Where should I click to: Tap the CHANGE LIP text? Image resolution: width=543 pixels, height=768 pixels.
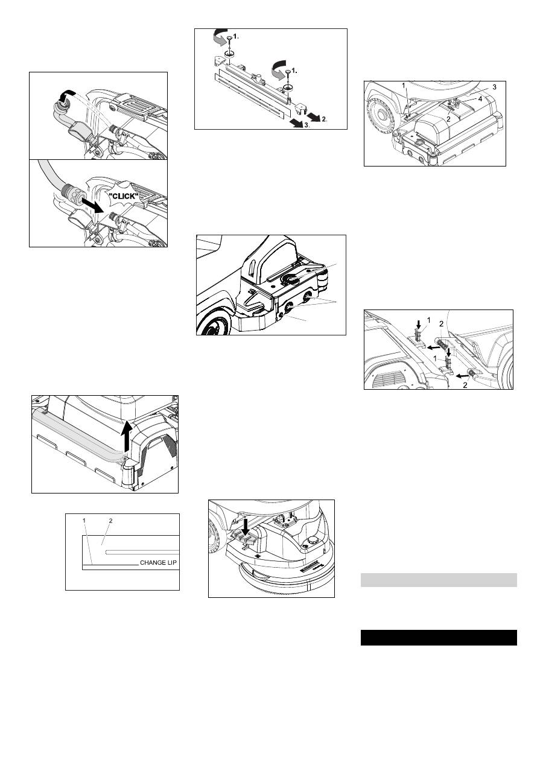[x=158, y=563]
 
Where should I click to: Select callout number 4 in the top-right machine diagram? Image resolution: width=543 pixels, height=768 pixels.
[x=480, y=99]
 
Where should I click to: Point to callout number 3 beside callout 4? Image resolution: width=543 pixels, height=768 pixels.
[x=494, y=87]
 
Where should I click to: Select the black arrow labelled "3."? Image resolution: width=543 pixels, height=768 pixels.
[x=296, y=123]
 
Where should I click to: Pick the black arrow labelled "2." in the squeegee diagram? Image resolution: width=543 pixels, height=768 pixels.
[x=314, y=116]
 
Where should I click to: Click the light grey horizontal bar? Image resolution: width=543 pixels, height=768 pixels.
[x=439, y=580]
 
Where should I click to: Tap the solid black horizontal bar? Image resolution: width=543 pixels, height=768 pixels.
[x=439, y=637]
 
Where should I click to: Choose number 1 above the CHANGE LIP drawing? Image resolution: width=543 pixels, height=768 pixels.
[x=84, y=521]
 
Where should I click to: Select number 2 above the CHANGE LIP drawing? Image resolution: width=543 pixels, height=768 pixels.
[x=111, y=521]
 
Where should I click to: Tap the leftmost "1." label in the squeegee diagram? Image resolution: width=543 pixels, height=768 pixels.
[x=236, y=36]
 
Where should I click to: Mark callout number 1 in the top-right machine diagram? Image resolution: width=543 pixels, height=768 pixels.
[x=404, y=85]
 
